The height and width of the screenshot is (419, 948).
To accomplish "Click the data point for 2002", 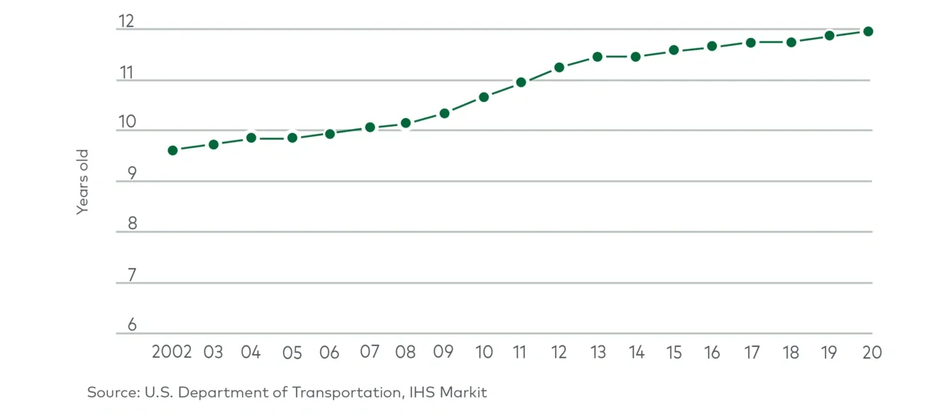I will click(x=173, y=150).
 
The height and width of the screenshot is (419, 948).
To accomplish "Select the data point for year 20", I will click(x=868, y=31).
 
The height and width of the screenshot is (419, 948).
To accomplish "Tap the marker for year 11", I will click(x=521, y=82).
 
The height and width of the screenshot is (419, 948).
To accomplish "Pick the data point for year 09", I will click(x=444, y=113).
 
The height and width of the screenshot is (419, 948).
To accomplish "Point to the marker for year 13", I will click(x=597, y=56).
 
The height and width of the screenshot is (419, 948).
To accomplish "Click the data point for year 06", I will click(x=330, y=133).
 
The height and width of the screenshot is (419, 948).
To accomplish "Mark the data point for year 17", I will click(x=750, y=42).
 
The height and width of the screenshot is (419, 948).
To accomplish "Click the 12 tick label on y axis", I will click(x=126, y=21).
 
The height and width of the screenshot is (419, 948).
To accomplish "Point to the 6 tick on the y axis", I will click(x=132, y=325).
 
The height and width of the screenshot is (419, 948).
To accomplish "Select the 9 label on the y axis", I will click(x=132, y=173).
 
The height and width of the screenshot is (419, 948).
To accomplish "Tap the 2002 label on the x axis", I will click(x=172, y=352).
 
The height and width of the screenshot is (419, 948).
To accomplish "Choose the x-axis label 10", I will click(x=483, y=352).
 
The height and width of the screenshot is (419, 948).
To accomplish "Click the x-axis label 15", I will click(x=674, y=352).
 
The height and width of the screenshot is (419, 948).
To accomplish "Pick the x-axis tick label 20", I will click(x=871, y=352).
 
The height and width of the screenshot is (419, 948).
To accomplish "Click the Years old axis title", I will click(x=82, y=181).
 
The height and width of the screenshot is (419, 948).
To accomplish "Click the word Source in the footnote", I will click(x=112, y=392).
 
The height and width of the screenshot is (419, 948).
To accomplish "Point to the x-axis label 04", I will click(x=251, y=352).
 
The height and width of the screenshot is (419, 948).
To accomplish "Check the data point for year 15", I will click(x=674, y=50).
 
